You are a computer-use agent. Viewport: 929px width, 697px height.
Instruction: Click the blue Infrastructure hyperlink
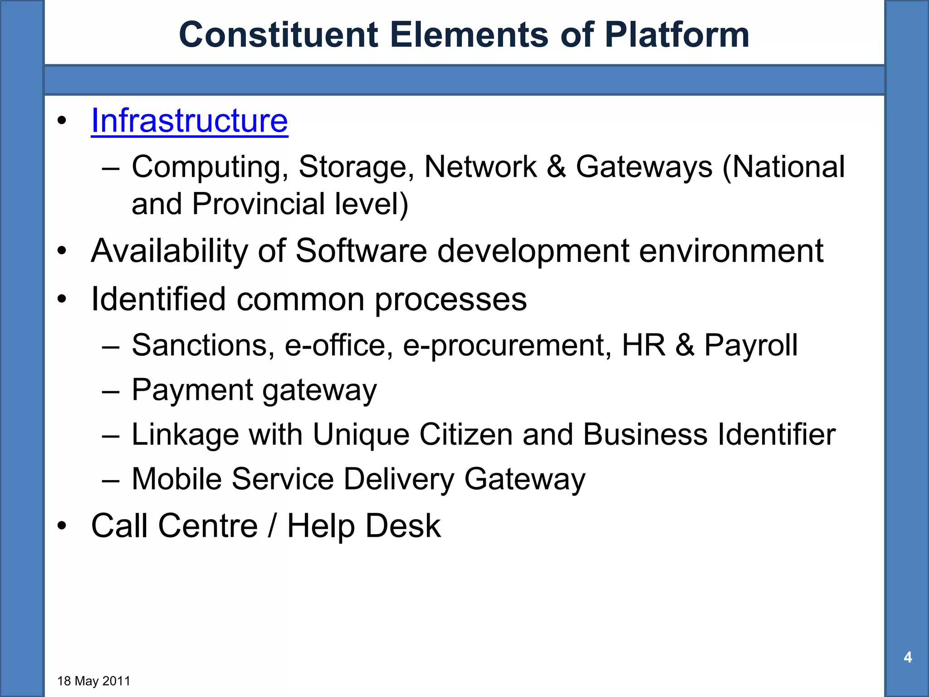[189, 121]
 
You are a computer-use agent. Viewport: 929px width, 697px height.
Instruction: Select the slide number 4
[908, 657]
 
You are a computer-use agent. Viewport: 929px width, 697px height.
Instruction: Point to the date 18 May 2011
[94, 681]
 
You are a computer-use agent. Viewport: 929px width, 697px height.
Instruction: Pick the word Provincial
[258, 204]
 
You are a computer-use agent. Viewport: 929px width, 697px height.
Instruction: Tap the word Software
[361, 250]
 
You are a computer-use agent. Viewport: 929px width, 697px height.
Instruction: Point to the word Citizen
[466, 434]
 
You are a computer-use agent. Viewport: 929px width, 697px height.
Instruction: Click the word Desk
[403, 526]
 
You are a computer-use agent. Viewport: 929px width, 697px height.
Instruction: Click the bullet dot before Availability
[62, 251]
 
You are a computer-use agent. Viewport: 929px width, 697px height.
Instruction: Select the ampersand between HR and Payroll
[685, 345]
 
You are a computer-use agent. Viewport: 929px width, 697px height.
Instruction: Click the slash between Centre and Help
[272, 526]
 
